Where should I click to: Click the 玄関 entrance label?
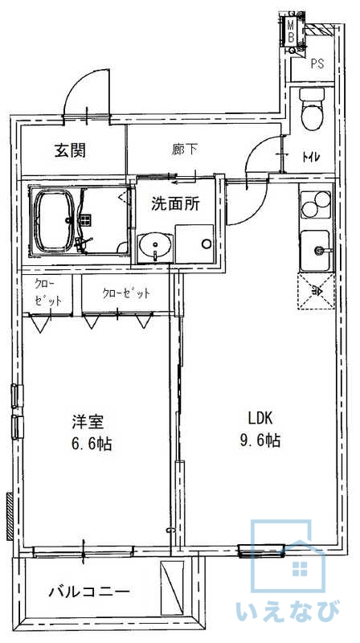pos(71,151)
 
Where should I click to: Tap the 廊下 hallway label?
pos(184,149)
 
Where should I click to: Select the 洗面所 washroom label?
pos(175,203)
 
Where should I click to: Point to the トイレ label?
pos(311,156)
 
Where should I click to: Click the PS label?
pos(317,63)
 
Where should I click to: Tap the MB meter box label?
pos(290,31)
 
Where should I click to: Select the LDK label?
pos(260,418)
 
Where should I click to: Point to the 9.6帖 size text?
pos(260,440)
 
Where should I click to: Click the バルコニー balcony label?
pos(89,592)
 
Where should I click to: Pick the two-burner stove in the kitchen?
pos(315,205)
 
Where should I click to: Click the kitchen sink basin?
pos(315,251)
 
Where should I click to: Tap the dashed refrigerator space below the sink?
pos(316,291)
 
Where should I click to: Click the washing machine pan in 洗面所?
pos(194,244)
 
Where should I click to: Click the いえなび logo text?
pos(288,611)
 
